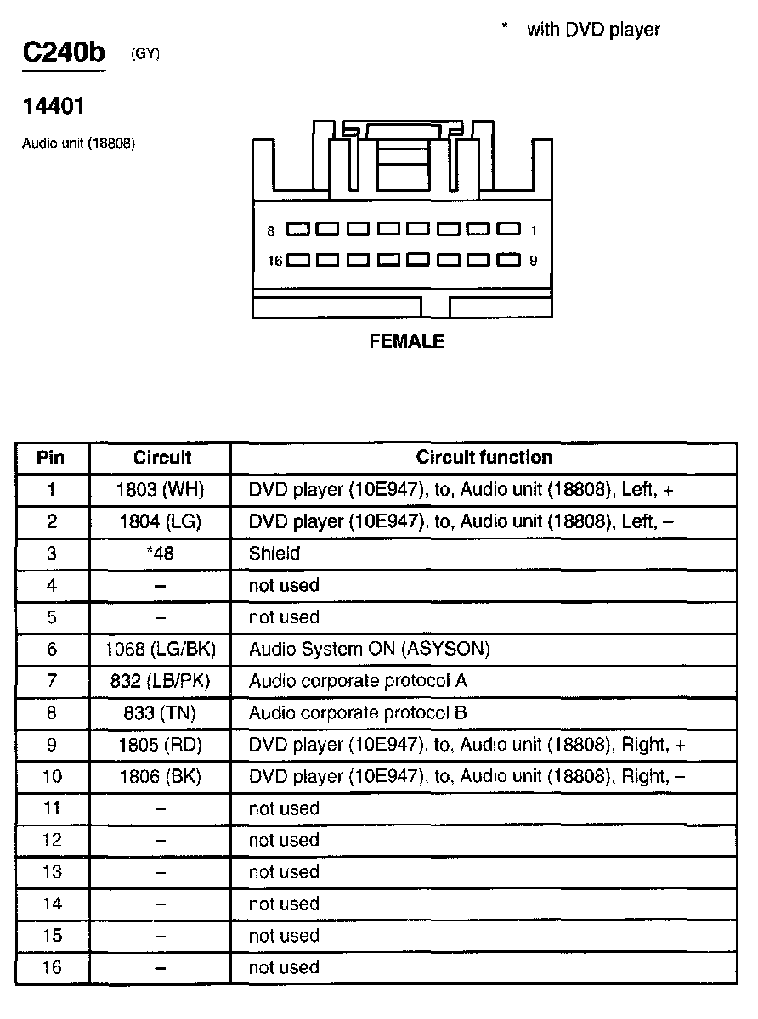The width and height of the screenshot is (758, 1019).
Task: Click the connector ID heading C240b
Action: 64,53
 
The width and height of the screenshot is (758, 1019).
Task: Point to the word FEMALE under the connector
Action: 407,341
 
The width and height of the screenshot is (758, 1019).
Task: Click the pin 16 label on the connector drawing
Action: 274,261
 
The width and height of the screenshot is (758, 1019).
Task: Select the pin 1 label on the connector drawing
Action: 533,230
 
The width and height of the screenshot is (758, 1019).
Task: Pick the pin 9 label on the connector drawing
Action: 533,261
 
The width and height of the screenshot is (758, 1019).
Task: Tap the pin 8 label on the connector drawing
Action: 270,231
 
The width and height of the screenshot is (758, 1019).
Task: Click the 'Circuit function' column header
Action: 484,458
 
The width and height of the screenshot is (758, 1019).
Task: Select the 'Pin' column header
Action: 51,459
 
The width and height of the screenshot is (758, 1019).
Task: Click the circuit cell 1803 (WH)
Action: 161,490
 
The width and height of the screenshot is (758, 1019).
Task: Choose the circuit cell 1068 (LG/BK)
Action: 161,650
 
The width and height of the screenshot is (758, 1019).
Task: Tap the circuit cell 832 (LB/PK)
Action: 161,681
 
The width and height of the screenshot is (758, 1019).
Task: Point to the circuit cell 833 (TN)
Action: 161,713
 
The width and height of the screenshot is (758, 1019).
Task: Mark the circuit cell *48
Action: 161,554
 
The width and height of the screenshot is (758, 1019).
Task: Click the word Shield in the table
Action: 274,554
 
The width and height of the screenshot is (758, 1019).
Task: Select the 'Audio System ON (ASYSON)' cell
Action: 369,650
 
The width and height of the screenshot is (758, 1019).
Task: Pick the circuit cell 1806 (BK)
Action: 161,777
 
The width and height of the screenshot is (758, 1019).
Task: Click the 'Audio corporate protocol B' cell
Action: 358,713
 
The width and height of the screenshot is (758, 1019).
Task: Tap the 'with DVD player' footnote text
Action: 593,30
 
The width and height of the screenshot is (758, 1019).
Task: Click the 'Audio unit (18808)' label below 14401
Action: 78,144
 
